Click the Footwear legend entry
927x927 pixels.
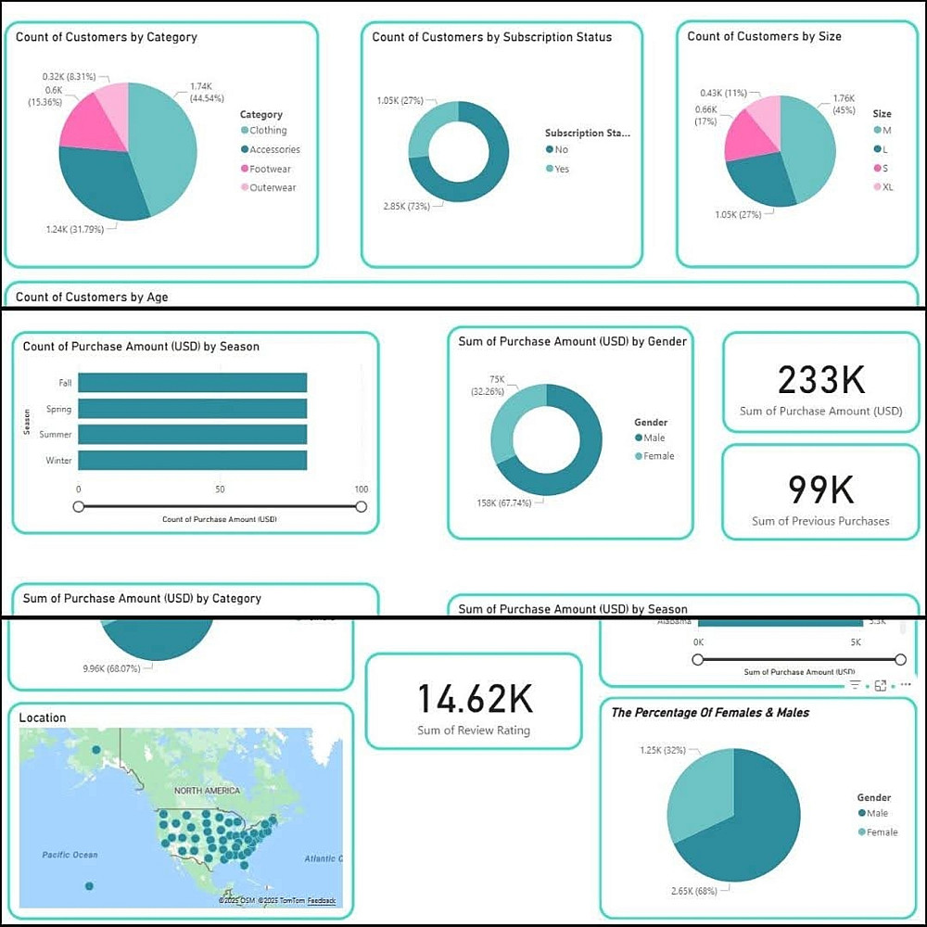tap(270, 169)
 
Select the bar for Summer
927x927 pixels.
tap(192, 434)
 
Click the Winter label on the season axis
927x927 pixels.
tap(59, 461)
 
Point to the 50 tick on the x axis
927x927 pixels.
tap(220, 489)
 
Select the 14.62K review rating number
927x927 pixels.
tap(474, 699)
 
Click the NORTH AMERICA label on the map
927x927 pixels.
tap(208, 791)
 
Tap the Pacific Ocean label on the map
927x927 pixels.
tap(70, 855)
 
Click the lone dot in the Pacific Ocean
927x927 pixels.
tap(89, 886)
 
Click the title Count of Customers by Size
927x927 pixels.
tap(764, 37)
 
